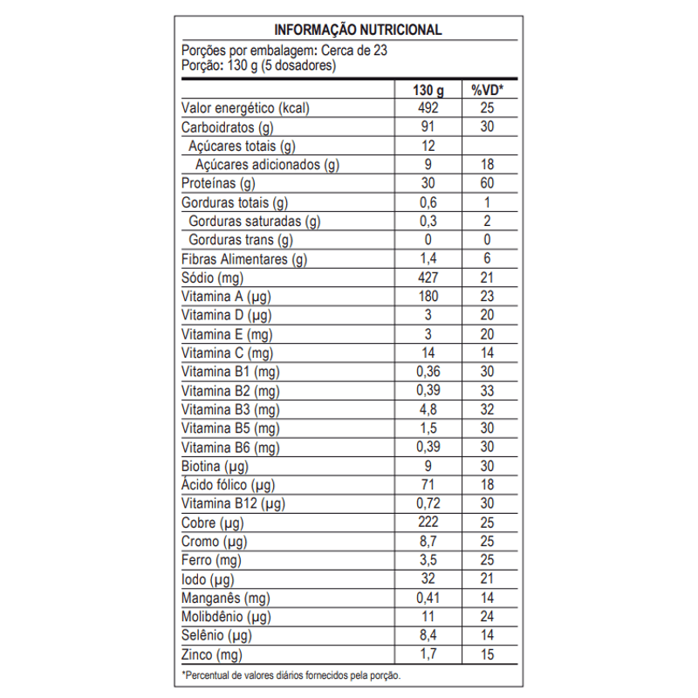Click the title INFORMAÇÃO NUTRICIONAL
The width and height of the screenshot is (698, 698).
[358, 30]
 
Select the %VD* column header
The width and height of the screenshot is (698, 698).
[488, 90]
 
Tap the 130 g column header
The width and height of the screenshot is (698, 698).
[428, 90]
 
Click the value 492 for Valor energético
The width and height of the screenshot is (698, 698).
[428, 109]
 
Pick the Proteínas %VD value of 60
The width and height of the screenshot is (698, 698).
[488, 184]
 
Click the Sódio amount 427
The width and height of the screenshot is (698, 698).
[428, 278]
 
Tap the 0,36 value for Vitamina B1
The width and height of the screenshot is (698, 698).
[428, 373]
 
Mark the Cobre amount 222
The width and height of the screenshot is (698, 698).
[428, 523]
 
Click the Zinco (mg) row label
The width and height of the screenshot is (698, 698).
[212, 655]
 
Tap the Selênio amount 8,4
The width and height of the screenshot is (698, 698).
[428, 636]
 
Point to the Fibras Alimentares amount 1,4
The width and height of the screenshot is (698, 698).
[428, 259]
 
